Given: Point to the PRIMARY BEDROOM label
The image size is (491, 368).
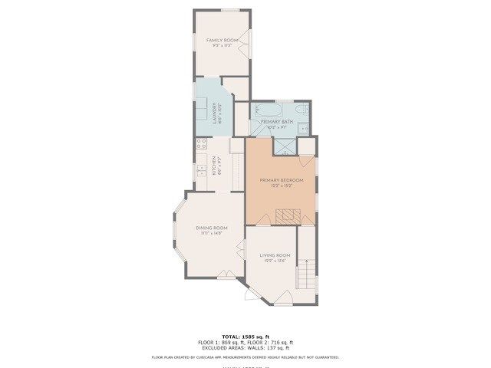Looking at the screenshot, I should (282, 180).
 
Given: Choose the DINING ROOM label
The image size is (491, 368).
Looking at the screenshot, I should (212, 228).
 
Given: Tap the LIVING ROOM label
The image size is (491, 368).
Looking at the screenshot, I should (275, 255).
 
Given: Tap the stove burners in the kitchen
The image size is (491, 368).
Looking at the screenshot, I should (202, 143).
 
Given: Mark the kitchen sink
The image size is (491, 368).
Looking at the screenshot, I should (201, 168).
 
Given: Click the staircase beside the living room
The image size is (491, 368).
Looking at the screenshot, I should (307, 273).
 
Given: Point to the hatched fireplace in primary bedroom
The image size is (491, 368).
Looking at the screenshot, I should (287, 216).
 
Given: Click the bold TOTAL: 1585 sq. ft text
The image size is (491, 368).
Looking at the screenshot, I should (245, 337).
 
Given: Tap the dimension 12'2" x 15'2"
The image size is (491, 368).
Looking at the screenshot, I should (282, 186).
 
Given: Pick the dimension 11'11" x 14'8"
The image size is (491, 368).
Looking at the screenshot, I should (212, 233).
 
